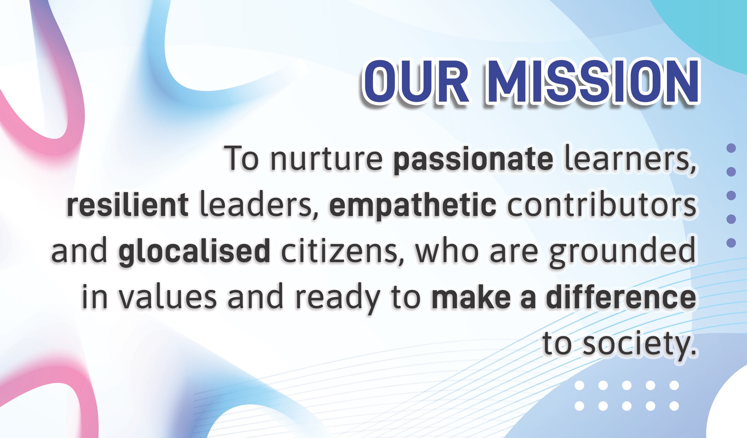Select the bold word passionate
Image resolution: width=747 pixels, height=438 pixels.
[x=473, y=160]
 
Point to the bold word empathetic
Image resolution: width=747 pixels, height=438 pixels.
[x=413, y=206]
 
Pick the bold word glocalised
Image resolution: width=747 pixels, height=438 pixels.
[x=194, y=251]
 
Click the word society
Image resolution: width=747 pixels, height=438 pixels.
[x=636, y=344]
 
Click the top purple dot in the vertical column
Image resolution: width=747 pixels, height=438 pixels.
[x=731, y=148]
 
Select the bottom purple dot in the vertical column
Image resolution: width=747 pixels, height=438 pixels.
[x=731, y=243]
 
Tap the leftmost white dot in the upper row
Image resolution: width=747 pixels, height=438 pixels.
[x=579, y=385]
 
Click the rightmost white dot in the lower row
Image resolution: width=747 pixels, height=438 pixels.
[x=674, y=406]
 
